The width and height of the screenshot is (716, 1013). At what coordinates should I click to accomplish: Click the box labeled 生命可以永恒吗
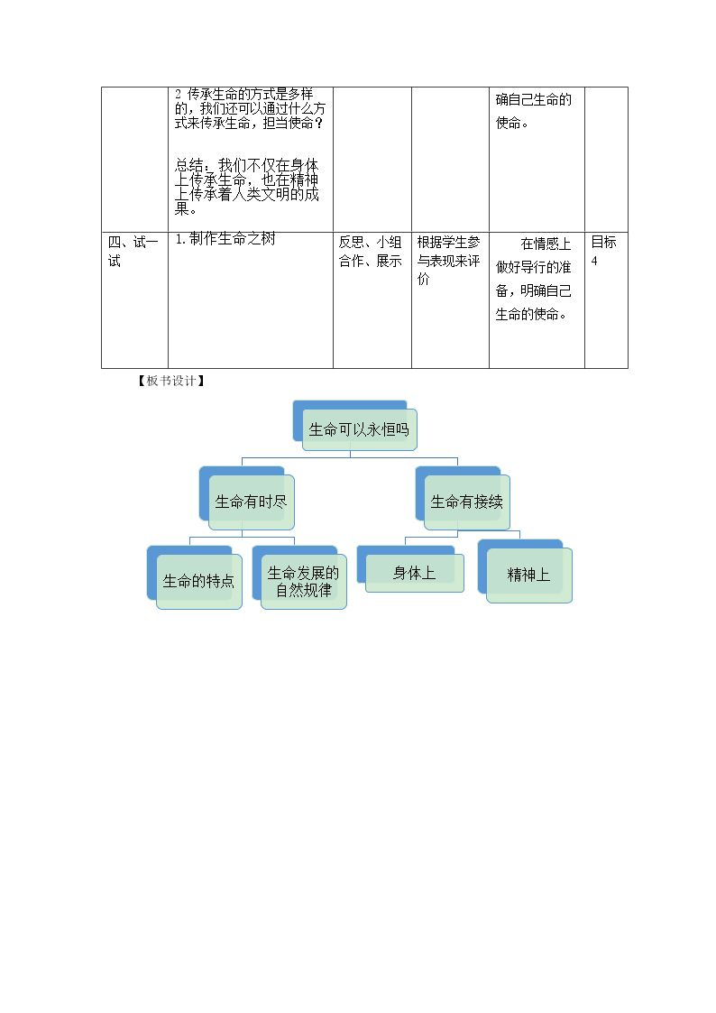[x=359, y=429]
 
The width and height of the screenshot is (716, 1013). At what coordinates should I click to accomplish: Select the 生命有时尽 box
[x=252, y=502]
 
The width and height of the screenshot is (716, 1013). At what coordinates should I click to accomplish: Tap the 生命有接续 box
[x=467, y=502]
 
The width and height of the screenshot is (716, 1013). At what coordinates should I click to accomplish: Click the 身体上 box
[x=415, y=573]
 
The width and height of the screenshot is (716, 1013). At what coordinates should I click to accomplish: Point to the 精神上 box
[x=528, y=575]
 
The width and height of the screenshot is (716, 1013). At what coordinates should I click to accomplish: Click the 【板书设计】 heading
[x=171, y=382]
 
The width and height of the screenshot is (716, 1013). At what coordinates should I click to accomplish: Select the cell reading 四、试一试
[x=133, y=252]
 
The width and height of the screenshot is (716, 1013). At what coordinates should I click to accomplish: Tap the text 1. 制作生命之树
[x=225, y=239]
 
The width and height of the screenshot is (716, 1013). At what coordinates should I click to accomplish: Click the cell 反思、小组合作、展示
[x=371, y=252]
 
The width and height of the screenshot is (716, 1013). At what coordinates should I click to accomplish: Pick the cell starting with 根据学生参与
[x=449, y=261]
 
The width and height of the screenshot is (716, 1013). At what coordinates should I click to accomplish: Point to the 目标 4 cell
[x=603, y=251]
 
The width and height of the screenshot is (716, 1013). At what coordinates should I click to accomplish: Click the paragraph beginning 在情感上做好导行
[x=533, y=279]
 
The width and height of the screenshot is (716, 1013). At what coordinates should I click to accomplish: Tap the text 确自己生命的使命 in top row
[x=533, y=110]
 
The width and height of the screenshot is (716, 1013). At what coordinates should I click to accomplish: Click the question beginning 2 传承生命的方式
[x=250, y=108]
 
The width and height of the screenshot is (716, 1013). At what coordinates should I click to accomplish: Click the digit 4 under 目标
[x=594, y=261]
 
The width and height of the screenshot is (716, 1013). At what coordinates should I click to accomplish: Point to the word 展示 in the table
[x=390, y=261]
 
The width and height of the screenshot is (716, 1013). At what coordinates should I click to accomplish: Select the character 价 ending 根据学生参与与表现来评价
[x=423, y=279]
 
